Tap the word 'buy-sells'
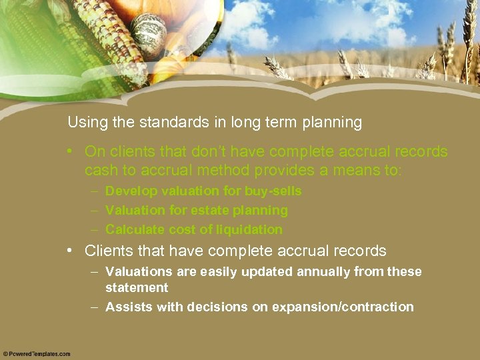pyautogui.click(x=273, y=191)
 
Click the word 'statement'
pyautogui.click(x=137, y=288)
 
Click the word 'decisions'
pyautogui.click(x=219, y=307)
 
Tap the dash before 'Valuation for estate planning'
pyautogui.click(x=95, y=211)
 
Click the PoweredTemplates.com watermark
pyautogui.click(x=37, y=354)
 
